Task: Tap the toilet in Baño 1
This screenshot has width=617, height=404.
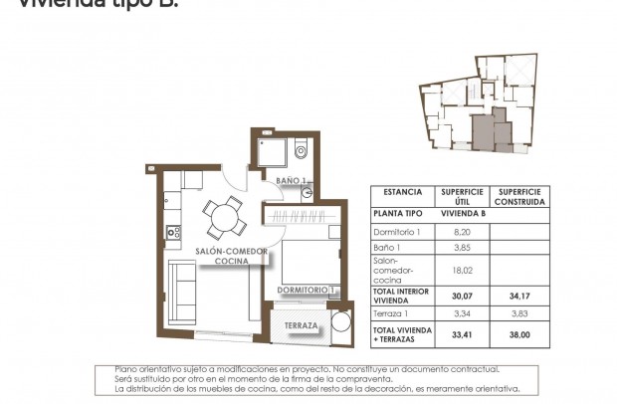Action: click(x=303, y=150)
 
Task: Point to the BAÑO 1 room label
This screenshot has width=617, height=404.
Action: click(x=291, y=180)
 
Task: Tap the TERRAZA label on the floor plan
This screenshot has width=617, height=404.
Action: click(x=301, y=326)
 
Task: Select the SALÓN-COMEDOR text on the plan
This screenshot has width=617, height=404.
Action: click(x=231, y=252)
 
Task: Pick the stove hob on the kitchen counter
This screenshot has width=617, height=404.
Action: click(x=173, y=233)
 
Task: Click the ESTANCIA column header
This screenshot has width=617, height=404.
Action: click(x=402, y=193)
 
